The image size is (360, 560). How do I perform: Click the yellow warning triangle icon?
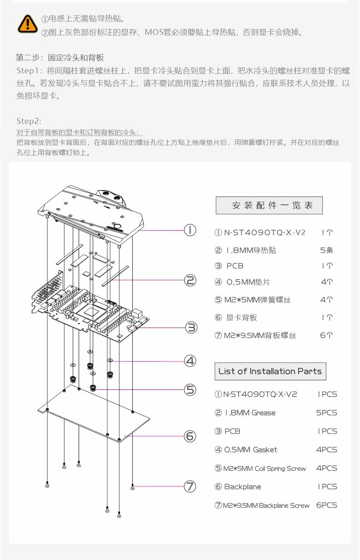[27, 24]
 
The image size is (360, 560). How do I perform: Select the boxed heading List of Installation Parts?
[270, 371]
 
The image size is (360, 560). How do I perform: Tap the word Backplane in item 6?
[243, 487]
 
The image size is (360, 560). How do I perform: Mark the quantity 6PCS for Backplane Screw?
[326, 505]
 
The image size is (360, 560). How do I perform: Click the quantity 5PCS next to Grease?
[326, 413]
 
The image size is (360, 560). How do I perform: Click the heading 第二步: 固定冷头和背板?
[60, 58]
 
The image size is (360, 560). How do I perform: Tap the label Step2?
[29, 121]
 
